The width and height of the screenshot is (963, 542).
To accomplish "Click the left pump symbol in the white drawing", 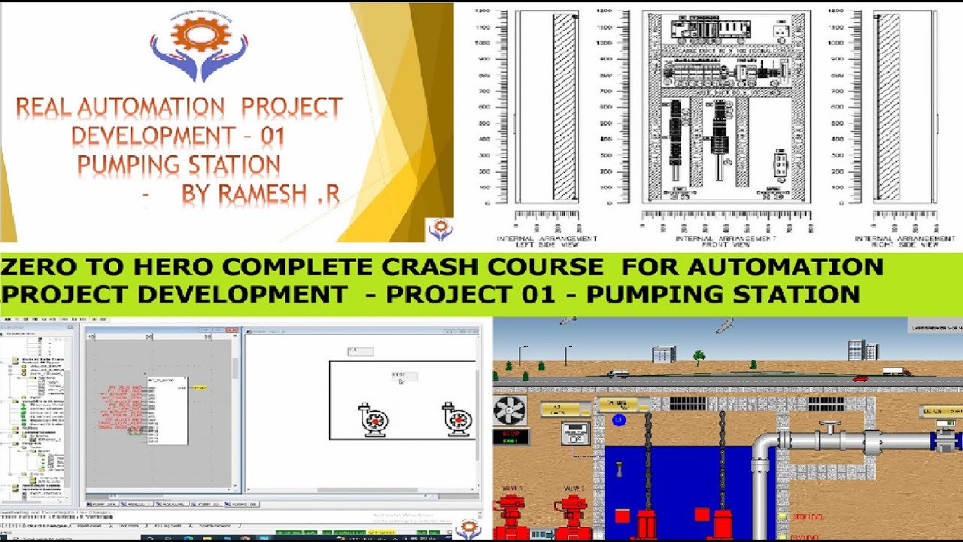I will (374, 419).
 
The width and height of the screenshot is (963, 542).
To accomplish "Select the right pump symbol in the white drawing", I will (457, 419).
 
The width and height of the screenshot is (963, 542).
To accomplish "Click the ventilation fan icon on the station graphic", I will (509, 412).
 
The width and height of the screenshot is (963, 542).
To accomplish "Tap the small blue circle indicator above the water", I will (618, 420).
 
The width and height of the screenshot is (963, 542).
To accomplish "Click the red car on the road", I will (860, 378).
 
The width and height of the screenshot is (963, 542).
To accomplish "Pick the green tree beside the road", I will (700, 355).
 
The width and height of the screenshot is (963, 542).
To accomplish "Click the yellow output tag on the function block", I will (200, 388).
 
